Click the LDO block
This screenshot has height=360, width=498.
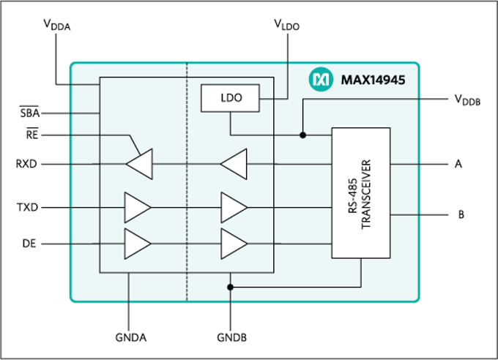(x=229, y=97)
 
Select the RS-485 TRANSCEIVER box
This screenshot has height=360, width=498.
(x=361, y=193)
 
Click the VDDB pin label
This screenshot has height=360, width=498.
(x=467, y=101)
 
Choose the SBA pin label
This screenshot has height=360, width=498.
(x=29, y=113)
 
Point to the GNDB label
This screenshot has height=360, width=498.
(x=231, y=338)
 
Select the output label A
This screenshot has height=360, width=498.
(x=458, y=164)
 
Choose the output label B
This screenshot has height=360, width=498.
(x=461, y=215)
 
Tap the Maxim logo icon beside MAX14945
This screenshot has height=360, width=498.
(x=321, y=77)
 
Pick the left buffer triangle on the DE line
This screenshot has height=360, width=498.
(x=137, y=243)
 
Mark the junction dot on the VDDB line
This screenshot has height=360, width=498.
(x=303, y=135)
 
